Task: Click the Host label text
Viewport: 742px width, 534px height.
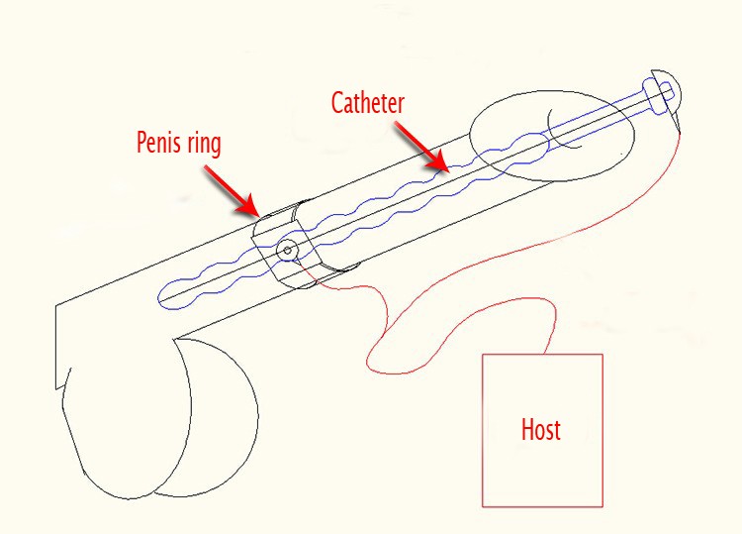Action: (540, 429)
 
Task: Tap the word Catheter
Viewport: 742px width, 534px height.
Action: (368, 101)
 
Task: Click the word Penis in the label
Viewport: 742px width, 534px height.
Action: (162, 142)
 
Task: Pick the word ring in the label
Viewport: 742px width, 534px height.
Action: (205, 142)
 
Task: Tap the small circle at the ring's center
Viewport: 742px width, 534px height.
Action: (287, 250)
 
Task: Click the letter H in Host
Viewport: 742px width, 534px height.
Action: (526, 429)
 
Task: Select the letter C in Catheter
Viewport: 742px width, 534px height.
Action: (336, 101)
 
